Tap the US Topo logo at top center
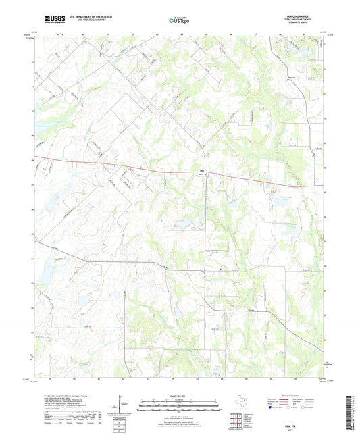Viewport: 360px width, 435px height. coord(179,21)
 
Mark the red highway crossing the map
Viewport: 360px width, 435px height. coord(135,165)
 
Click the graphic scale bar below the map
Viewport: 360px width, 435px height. coord(179,404)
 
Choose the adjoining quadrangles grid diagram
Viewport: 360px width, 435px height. coord(236,421)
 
